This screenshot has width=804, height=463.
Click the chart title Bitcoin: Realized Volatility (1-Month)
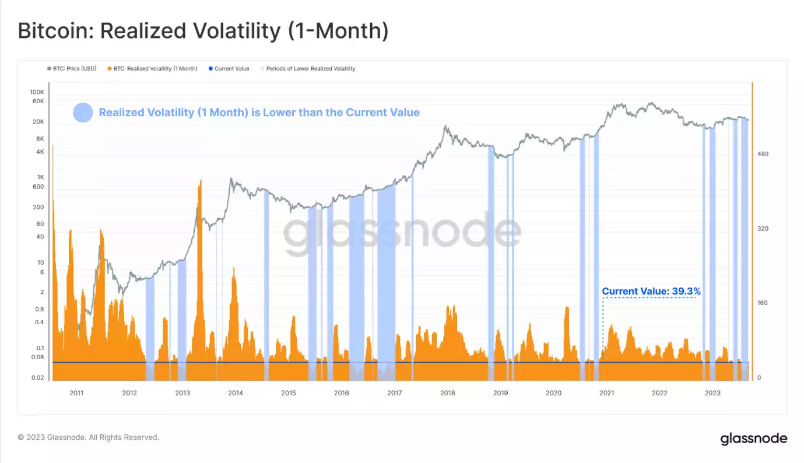coord(203,31)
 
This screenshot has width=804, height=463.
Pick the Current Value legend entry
coord(231,69)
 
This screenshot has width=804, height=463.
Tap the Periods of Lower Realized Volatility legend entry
coord(310,69)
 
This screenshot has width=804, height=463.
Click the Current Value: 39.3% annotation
coord(651,291)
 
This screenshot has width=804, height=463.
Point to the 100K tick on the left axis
coord(37,92)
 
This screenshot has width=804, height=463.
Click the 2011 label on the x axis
coord(76,393)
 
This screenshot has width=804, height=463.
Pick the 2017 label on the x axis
coord(394,393)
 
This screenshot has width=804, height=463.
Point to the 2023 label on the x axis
coord(712,393)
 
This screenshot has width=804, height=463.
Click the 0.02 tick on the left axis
coord(38,378)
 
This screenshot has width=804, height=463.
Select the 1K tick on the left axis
coord(40,177)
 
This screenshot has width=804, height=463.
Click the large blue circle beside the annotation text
coord(83,113)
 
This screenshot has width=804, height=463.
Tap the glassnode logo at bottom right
coord(753,439)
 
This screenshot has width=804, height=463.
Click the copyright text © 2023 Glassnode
coord(88,437)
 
